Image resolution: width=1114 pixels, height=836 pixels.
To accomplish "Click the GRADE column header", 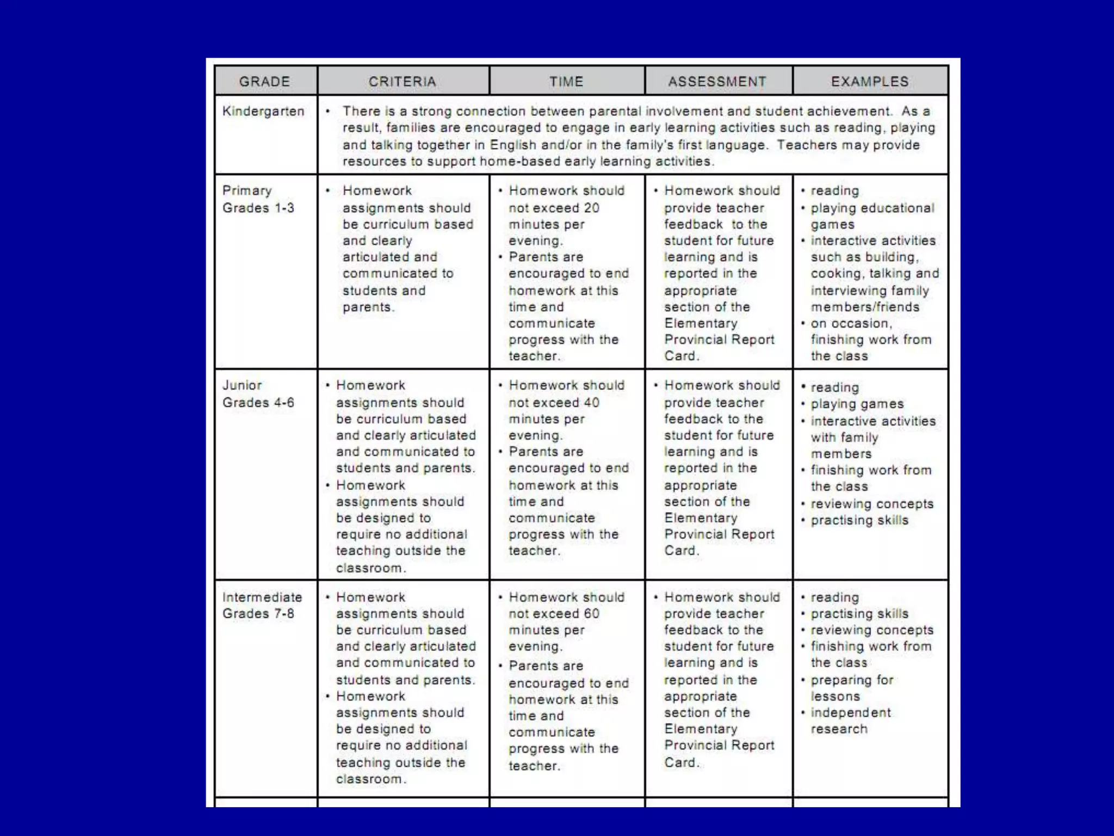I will (x=264, y=82).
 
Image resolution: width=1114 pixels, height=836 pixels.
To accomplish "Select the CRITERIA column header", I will (x=402, y=82).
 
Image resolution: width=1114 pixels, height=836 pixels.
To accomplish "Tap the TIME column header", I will (x=566, y=82).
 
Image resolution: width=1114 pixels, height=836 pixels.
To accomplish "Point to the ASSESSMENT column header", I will (x=717, y=82).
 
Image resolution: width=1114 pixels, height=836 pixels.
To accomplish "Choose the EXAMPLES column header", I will (x=869, y=82).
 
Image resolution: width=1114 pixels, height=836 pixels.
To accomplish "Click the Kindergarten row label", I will (x=263, y=112).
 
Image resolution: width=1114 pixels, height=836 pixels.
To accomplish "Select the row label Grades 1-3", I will (x=258, y=208).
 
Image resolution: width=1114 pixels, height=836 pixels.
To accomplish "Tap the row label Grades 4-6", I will (x=258, y=403).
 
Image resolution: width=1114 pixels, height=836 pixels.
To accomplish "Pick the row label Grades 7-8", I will (x=258, y=614).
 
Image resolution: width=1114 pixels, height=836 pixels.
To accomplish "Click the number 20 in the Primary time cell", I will (x=591, y=208).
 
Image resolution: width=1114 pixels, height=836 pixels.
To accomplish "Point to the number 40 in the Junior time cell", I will (x=591, y=403).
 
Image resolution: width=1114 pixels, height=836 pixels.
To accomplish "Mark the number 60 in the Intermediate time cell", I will (x=591, y=614).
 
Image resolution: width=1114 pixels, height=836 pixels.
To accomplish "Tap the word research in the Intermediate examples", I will (x=839, y=729).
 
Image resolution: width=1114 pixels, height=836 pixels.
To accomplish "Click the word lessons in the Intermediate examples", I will (x=835, y=697).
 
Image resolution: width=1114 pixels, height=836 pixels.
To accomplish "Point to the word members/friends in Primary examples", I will (x=865, y=307).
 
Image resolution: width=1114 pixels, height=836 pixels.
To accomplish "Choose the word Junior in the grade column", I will (x=242, y=385).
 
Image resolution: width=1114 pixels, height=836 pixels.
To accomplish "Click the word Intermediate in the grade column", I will (x=262, y=597).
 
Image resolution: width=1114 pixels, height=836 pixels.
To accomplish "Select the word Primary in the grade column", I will (x=247, y=191).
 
